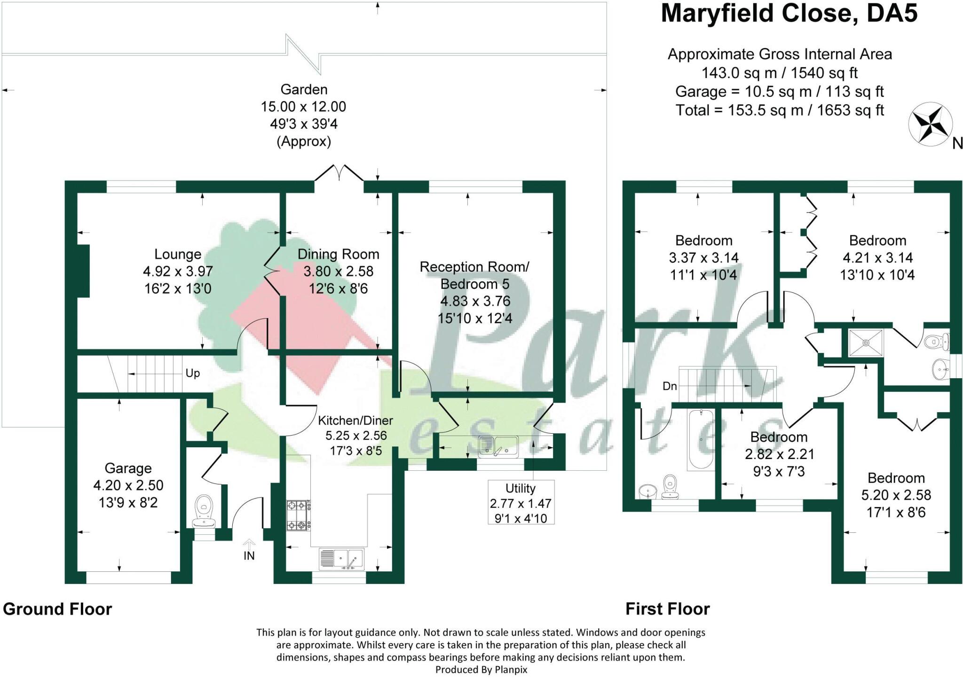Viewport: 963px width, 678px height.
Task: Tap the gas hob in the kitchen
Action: (x=298, y=515)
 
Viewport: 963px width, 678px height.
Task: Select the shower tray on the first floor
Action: (x=866, y=343)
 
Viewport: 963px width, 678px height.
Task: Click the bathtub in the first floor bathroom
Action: (x=701, y=440)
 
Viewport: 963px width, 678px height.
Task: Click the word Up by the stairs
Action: (x=192, y=373)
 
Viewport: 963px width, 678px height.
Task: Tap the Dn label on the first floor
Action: (x=670, y=386)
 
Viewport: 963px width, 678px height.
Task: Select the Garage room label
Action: (x=128, y=468)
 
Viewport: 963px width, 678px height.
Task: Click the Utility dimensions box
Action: (x=521, y=503)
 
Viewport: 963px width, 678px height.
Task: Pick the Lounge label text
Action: (x=178, y=254)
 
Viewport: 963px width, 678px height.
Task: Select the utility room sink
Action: (x=498, y=446)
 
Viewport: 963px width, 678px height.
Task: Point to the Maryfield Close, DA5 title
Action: (x=789, y=14)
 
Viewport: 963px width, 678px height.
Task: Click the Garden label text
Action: (x=304, y=89)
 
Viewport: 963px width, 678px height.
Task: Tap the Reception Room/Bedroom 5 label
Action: (x=474, y=275)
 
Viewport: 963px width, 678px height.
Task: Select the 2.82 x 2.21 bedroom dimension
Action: (x=779, y=454)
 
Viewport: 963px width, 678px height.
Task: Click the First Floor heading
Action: (x=667, y=609)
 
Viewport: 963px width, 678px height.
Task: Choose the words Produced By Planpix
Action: (x=481, y=670)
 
